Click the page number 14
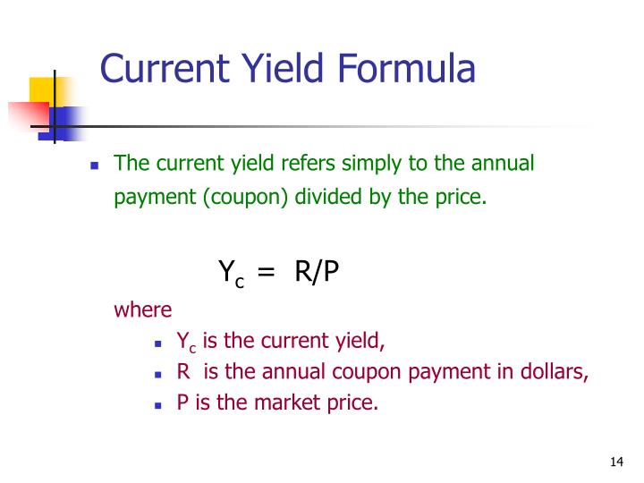click(615, 462)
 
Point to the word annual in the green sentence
click(501, 164)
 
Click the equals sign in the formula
click(266, 272)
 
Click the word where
click(142, 309)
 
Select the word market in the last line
click(283, 402)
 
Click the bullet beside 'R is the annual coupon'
click(157, 374)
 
